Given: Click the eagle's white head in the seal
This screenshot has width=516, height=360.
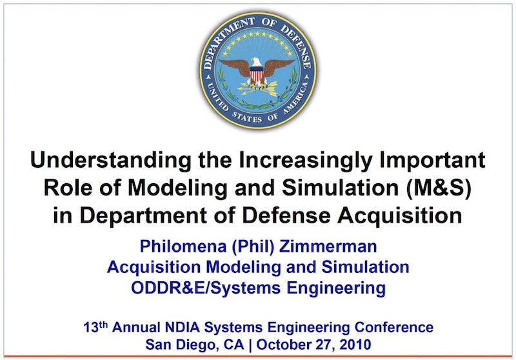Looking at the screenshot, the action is click(x=256, y=62).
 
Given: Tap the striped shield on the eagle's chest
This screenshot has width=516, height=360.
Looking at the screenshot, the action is click(x=257, y=74).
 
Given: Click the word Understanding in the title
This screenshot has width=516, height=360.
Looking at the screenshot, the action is click(x=110, y=161).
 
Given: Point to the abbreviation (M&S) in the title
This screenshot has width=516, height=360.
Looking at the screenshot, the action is click(x=439, y=188).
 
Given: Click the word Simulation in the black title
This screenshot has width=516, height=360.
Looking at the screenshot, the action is click(x=341, y=188).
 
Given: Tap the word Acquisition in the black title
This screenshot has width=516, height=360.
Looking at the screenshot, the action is click(x=399, y=216).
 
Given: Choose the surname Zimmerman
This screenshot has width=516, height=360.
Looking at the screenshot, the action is click(x=328, y=246).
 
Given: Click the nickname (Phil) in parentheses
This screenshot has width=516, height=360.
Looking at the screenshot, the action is click(x=253, y=246).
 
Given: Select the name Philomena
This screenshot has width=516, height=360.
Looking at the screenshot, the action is click(x=183, y=246).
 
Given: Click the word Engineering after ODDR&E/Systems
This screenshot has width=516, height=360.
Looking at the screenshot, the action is click(x=335, y=288).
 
